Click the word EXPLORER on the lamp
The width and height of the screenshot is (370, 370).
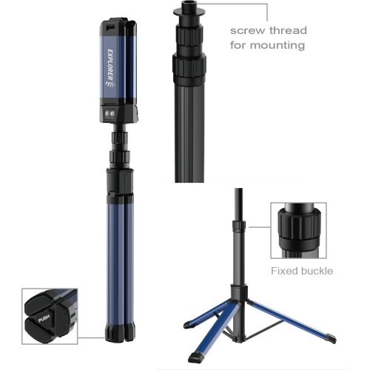(x=110, y=64)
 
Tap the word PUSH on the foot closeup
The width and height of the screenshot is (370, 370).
(x=44, y=318)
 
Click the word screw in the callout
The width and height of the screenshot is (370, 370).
(x=247, y=30)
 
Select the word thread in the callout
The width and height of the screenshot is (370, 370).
(x=288, y=30)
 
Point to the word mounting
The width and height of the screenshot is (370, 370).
(x=277, y=45)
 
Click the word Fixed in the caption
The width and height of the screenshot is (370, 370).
(x=283, y=271)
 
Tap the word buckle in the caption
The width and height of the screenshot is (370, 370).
(x=316, y=271)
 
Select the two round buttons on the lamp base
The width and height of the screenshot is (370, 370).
(x=110, y=114)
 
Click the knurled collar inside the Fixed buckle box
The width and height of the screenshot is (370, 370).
(x=299, y=224)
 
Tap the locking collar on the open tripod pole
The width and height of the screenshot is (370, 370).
(x=239, y=224)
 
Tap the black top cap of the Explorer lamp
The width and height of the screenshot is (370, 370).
(x=118, y=23)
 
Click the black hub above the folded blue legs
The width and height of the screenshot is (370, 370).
(x=120, y=182)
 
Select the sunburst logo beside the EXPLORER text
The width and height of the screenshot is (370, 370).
(x=110, y=84)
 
